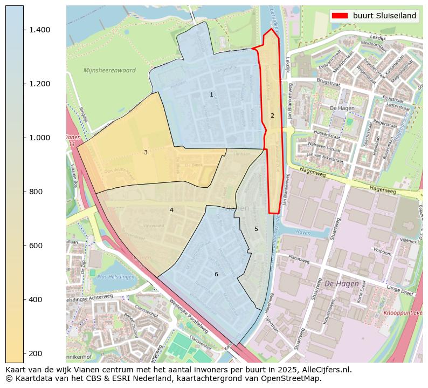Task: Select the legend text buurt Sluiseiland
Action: [x=384, y=16]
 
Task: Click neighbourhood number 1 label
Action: [x=211, y=95]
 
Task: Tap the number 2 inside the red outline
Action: [x=272, y=115]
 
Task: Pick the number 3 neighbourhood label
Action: [x=146, y=153]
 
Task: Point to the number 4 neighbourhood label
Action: [x=171, y=210]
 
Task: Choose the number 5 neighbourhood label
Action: [x=256, y=229]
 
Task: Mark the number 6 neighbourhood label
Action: [x=216, y=274]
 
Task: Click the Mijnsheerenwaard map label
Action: [x=109, y=70]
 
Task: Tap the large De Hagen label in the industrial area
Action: [x=341, y=284]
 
